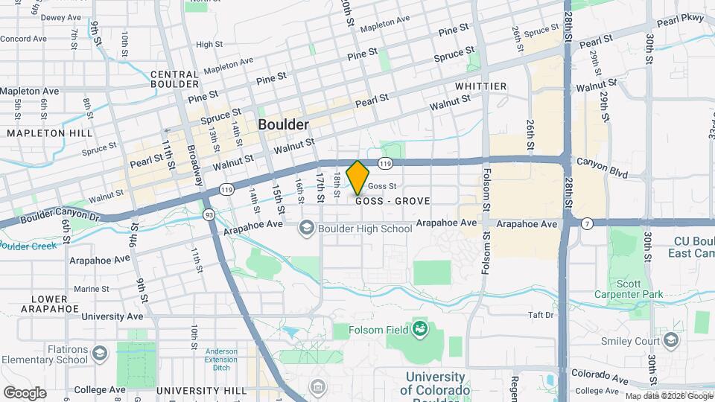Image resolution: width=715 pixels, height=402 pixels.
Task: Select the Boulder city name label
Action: [283, 124]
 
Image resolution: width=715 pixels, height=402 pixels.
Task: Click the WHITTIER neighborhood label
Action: [481, 86]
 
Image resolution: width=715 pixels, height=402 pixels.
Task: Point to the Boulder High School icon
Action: [306, 228]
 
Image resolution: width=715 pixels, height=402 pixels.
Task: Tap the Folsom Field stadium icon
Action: [420, 328]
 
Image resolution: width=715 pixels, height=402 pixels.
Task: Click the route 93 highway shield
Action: [210, 214]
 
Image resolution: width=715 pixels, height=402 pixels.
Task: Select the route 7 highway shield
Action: [588, 223]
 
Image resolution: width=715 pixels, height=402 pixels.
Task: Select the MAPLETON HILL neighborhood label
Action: [50, 133]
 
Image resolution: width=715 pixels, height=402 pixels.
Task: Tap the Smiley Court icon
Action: [671, 341]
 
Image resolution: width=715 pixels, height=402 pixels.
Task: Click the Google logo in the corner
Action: [25, 392]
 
